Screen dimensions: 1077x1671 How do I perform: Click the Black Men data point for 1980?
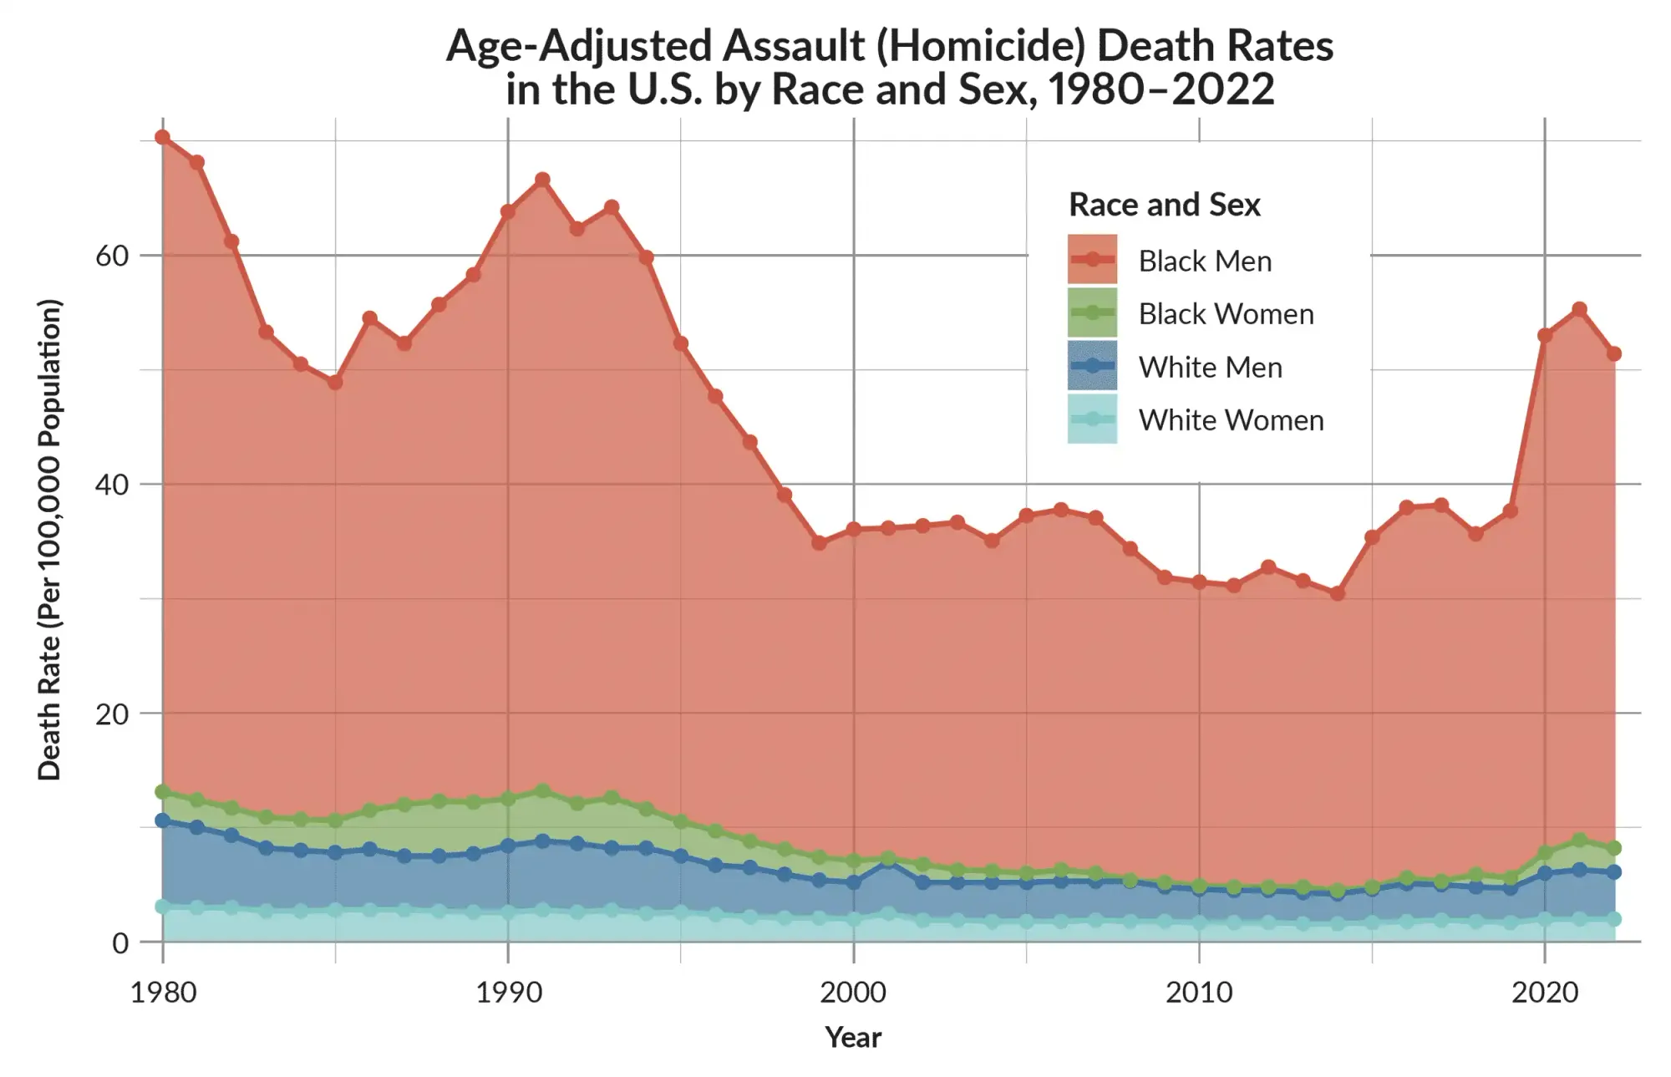tap(163, 138)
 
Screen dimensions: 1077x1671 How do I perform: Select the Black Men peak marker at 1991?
tap(542, 180)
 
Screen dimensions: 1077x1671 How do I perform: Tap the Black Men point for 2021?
tap(1579, 310)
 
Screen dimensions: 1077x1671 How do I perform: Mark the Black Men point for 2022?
tap(1613, 354)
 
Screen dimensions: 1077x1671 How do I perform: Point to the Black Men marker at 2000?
tap(853, 529)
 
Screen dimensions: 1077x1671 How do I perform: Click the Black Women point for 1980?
tap(163, 792)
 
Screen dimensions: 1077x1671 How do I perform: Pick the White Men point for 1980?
tap(163, 820)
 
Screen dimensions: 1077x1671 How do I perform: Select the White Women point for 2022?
tap(1613, 919)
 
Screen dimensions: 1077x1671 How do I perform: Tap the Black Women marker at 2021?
tap(1579, 841)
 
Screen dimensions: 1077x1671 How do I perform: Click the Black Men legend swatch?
tap(1092, 260)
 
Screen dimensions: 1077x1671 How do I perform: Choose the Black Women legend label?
tap(1226, 314)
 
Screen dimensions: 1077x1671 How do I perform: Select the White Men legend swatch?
tap(1092, 366)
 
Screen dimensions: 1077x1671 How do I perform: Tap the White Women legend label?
tap(1231, 420)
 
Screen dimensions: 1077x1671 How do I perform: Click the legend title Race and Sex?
tap(1164, 205)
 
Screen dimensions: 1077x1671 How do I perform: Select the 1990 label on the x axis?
tap(508, 993)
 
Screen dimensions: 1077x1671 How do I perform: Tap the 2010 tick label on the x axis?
tap(1199, 993)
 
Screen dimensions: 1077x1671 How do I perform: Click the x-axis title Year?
tap(853, 1037)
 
